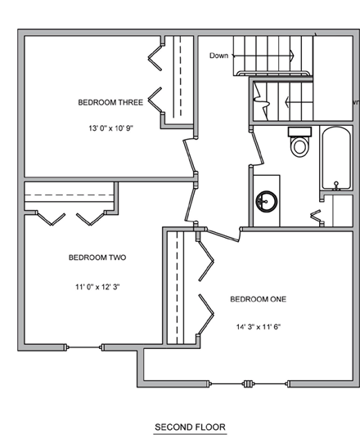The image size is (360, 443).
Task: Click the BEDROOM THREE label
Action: click(x=110, y=103)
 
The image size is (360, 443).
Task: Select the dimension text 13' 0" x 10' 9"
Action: click(x=110, y=128)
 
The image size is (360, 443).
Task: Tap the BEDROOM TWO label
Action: click(x=97, y=257)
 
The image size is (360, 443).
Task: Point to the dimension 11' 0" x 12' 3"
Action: click(x=97, y=287)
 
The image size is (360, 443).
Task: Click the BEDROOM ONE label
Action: click(x=258, y=299)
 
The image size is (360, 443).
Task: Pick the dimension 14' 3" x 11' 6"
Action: click(x=258, y=326)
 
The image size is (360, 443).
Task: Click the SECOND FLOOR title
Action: click(x=190, y=427)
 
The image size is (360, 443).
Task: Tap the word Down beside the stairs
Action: click(x=218, y=56)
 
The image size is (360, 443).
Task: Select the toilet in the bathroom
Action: click(x=299, y=145)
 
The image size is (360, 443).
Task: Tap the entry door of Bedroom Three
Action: click(x=191, y=156)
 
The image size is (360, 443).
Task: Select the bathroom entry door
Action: click(x=254, y=145)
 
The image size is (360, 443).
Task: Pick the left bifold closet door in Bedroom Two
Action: click(x=49, y=217)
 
